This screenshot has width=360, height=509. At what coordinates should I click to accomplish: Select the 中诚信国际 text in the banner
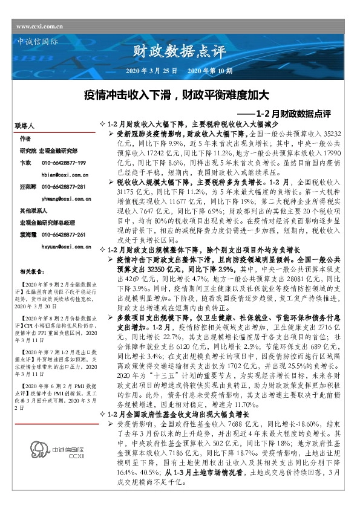[35, 42]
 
